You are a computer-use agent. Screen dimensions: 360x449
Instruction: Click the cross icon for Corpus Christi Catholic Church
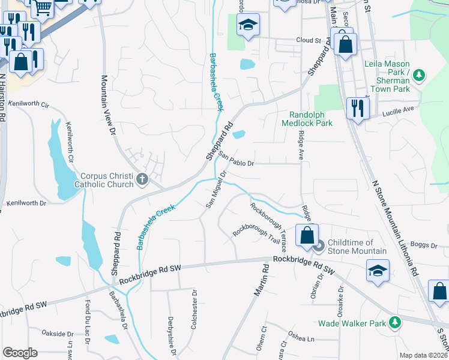pos(142,179)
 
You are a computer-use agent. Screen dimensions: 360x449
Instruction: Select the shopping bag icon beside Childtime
pos(307,236)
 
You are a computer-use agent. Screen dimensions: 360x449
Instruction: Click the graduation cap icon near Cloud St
pos(247,25)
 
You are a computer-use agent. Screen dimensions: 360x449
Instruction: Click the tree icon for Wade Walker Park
pos(395,323)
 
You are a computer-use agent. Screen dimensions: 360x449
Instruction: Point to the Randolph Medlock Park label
pos(310,119)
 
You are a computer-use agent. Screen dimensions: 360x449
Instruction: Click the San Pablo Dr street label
pos(237,160)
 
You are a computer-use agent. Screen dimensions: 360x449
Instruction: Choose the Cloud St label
pos(309,41)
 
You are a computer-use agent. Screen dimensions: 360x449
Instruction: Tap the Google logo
pos(20,352)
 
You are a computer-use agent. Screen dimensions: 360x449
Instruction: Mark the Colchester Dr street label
pos(194,310)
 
